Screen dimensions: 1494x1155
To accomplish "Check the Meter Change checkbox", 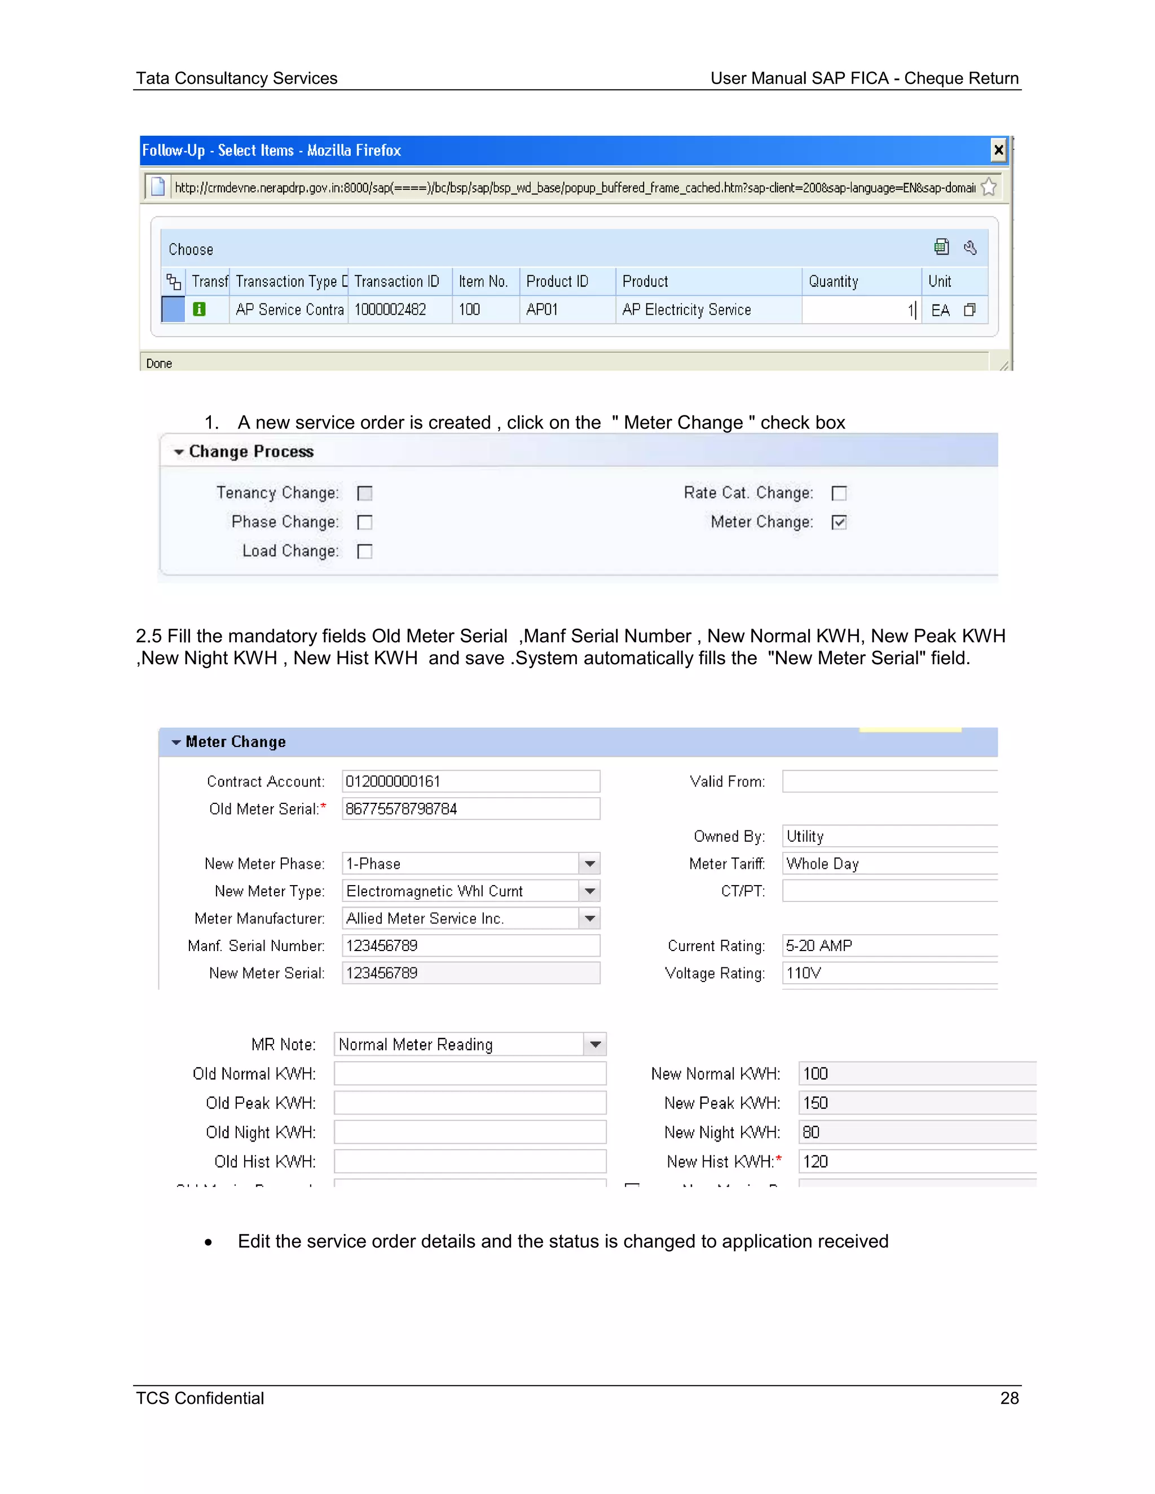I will (839, 523).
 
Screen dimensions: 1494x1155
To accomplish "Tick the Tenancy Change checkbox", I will (365, 493).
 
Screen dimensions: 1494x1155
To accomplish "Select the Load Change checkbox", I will (365, 551).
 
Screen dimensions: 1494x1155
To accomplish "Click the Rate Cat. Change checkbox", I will (839, 493).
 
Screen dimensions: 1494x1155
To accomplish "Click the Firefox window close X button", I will (998, 150).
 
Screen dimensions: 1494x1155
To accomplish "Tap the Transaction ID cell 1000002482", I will (391, 310).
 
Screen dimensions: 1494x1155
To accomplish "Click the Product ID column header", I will (557, 281).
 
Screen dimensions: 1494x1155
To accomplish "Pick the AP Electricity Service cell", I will (686, 310).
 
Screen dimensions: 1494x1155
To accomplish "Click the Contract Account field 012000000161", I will (471, 781).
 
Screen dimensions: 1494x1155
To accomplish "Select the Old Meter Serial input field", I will (471, 808).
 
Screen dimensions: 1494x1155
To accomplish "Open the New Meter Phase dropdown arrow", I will (590, 864).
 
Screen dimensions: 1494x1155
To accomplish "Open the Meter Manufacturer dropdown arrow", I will (590, 919).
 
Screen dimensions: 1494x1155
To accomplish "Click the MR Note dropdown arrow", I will (596, 1045).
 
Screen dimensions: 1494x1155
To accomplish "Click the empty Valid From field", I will (889, 781).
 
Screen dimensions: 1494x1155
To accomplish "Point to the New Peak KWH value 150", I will (815, 1103).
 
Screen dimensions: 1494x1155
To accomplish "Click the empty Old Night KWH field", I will (470, 1132).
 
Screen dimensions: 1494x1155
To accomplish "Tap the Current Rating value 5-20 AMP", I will (819, 946).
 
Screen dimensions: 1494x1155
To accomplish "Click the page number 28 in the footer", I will (1009, 1398).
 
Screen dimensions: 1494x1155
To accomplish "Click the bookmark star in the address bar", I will (989, 187).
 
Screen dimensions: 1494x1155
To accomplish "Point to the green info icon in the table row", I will (199, 309).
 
